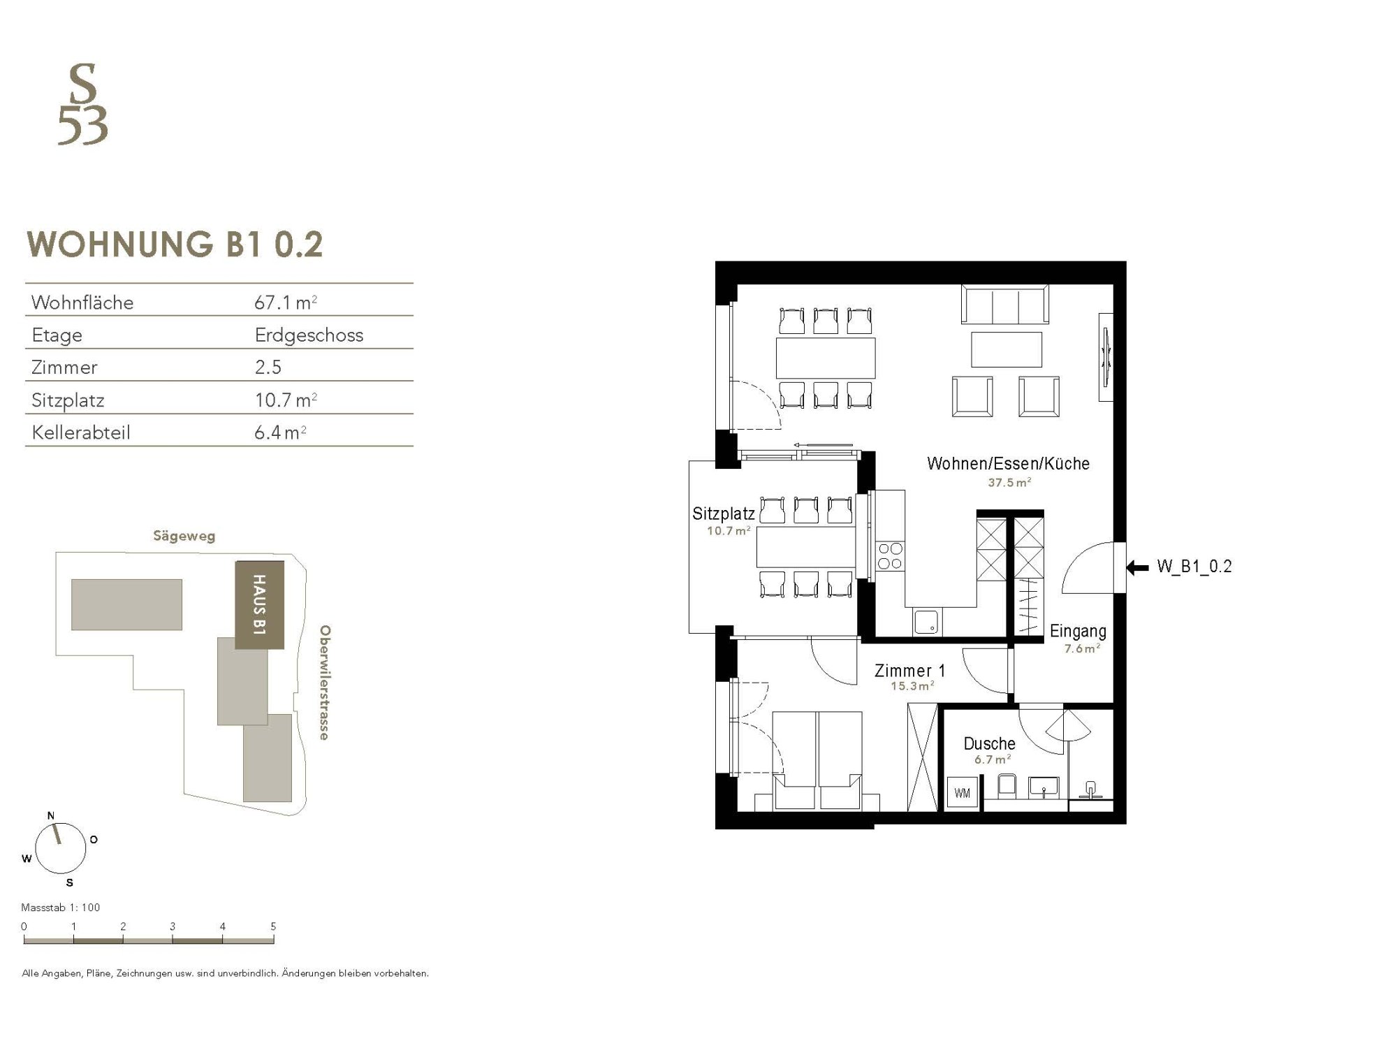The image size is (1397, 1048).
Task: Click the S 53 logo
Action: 82,104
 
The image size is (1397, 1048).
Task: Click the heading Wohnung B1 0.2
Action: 175,245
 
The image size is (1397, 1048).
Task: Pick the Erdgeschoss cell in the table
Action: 309,335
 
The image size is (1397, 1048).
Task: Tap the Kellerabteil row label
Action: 81,432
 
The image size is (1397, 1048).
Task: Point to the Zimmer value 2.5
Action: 268,367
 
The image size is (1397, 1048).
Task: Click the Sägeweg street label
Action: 184,537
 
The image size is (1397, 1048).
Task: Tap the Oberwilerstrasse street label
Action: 325,683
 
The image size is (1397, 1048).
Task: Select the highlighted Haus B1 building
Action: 259,605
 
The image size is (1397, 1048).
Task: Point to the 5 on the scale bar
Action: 273,926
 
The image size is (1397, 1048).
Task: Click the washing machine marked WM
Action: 962,793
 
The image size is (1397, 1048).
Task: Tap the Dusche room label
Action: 989,743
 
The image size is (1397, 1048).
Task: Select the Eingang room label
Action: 1078,631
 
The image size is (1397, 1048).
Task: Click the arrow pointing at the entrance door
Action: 1138,568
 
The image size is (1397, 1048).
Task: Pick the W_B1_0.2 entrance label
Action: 1194,567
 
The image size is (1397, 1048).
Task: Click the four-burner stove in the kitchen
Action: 890,557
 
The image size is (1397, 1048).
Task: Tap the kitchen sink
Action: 927,622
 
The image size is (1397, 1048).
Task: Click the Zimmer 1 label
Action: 910,671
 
